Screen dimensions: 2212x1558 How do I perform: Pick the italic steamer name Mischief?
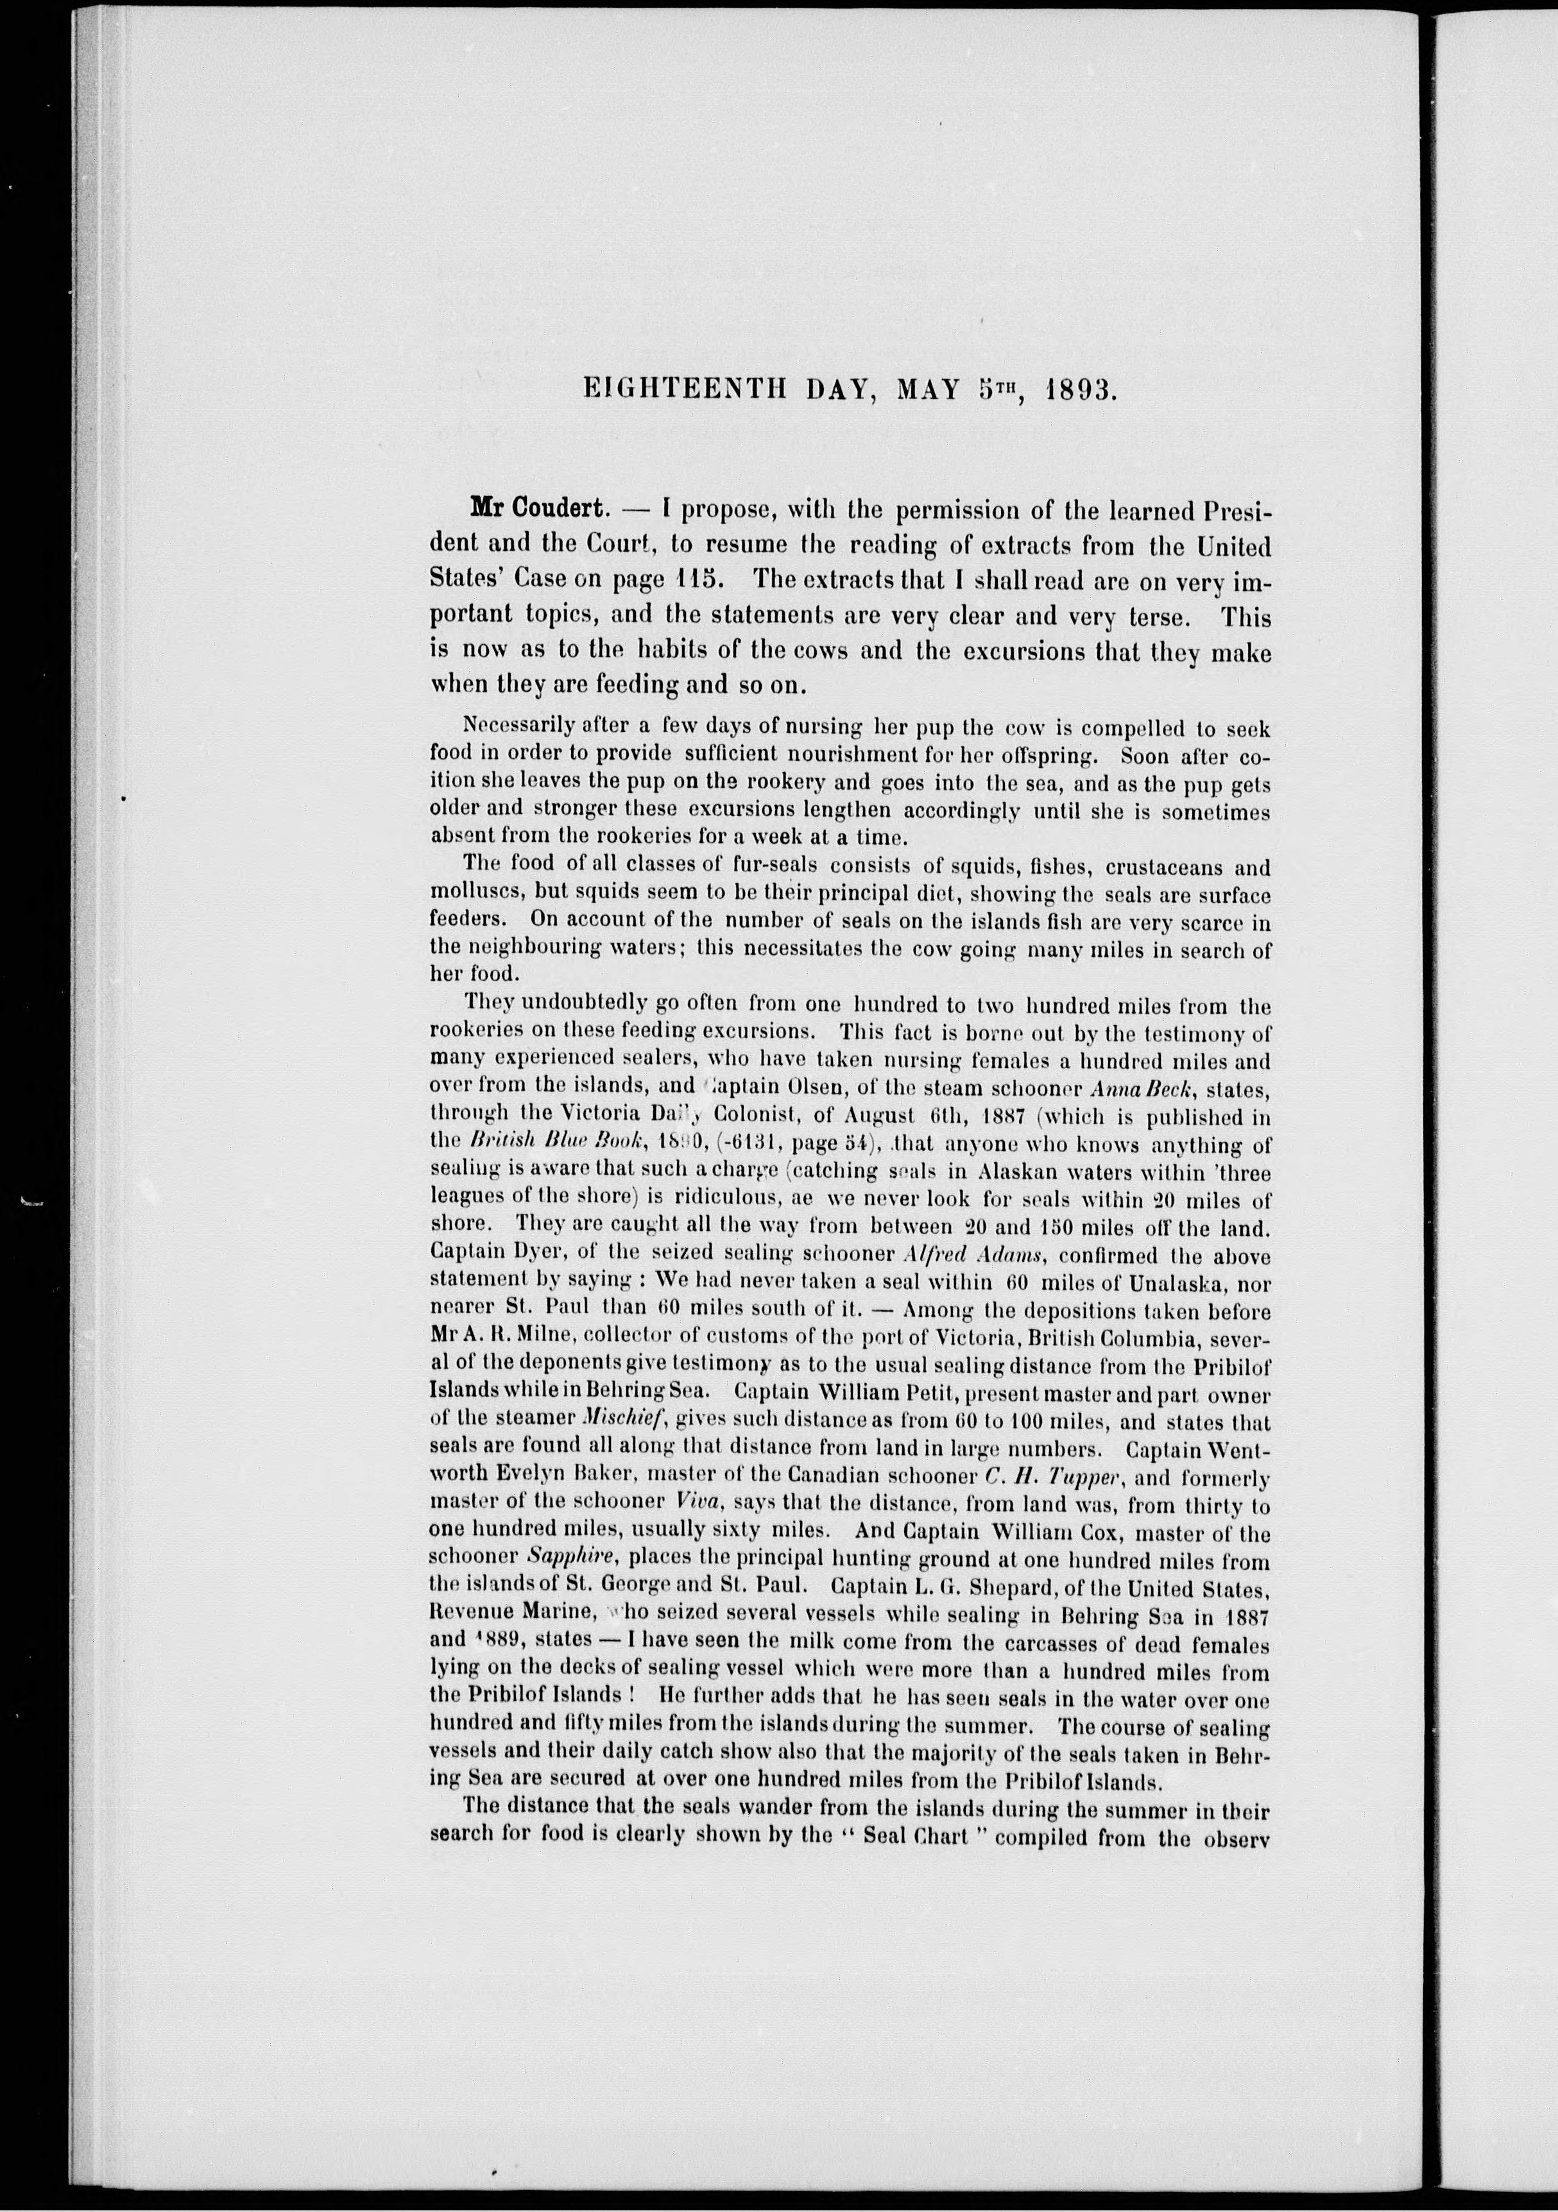pyautogui.click(x=569, y=1422)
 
